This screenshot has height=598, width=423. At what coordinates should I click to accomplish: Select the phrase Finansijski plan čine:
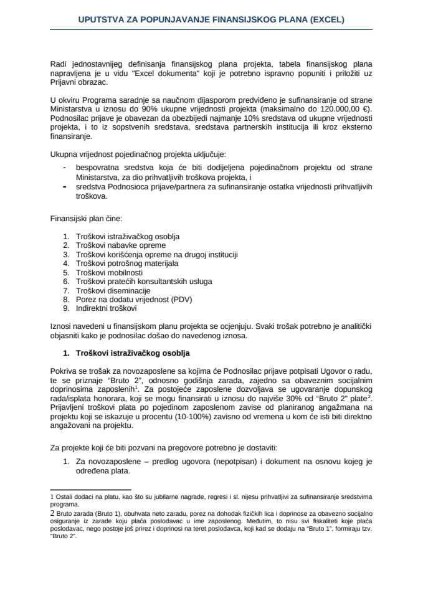[86, 219]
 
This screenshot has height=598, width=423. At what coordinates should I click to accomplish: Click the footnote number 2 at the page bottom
[52, 512]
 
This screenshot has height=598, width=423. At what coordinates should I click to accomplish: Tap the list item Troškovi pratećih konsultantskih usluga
[143, 282]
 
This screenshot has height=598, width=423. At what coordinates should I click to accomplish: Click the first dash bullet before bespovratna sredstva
[65, 167]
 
